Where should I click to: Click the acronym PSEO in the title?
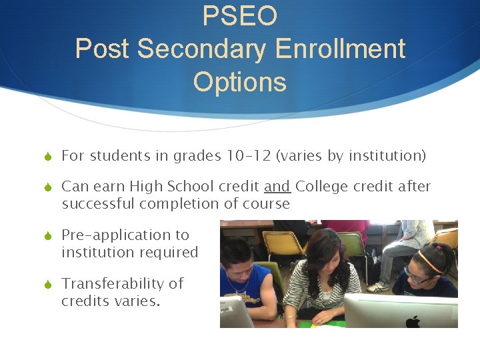coord(239,16)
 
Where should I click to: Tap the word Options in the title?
coord(239,82)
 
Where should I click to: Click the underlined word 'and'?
coord(277,187)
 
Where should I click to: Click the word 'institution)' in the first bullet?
coord(389,156)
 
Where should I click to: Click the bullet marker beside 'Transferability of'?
coord(47,284)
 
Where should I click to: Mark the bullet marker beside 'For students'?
coord(47,157)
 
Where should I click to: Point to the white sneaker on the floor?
coord(378,287)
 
